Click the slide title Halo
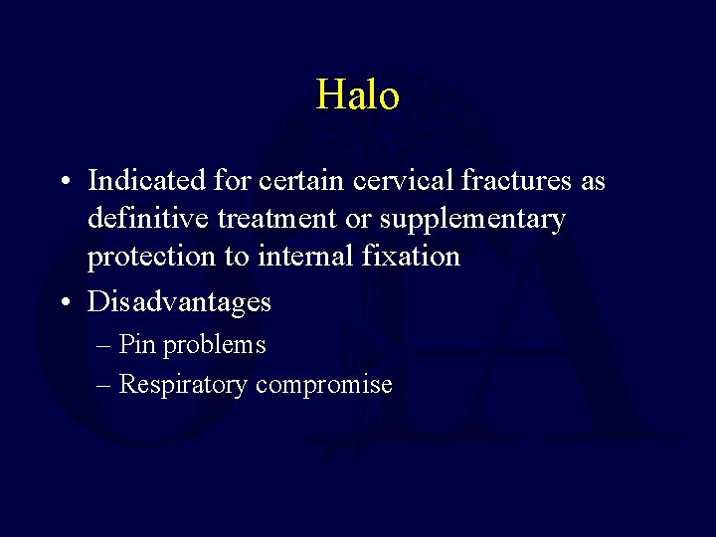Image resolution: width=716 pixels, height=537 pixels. (358, 95)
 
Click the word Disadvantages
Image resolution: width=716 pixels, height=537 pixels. (179, 301)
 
